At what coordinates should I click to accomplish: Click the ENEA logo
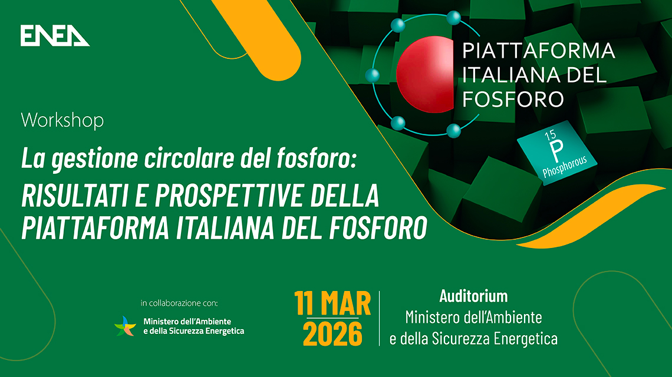[55, 36]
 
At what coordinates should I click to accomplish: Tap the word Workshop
[62, 121]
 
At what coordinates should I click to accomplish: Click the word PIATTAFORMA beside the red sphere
[538, 52]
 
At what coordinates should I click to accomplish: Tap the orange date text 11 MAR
[333, 305]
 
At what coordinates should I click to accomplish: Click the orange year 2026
[333, 334]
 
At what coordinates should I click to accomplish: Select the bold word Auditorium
[473, 296]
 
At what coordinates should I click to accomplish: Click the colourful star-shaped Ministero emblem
[125, 326]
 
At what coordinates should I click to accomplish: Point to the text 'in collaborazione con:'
[179, 303]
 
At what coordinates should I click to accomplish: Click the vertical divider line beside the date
[379, 318]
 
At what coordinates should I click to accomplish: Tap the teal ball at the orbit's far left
[371, 75]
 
